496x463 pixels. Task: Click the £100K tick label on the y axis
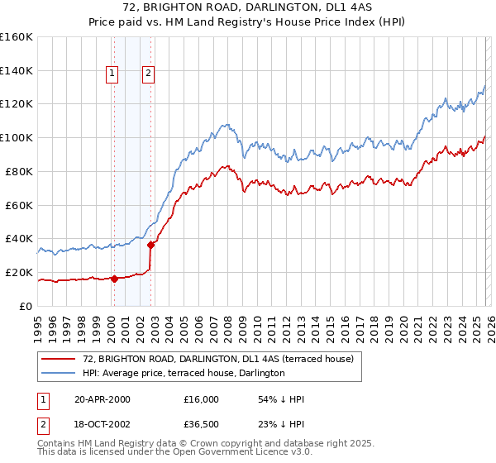pyautogui.click(x=17, y=137)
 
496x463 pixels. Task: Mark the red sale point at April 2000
pyautogui.click(x=114, y=279)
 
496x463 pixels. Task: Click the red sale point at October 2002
pyautogui.click(x=151, y=244)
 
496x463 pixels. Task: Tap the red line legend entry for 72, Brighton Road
pyautogui.click(x=218, y=359)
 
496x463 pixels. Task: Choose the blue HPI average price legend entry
pyautogui.click(x=184, y=373)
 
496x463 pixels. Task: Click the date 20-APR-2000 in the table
pyautogui.click(x=102, y=399)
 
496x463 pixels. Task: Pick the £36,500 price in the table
pyautogui.click(x=202, y=426)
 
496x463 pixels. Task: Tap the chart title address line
pyautogui.click(x=248, y=7)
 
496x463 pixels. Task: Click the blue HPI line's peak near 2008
pyautogui.click(x=224, y=125)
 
